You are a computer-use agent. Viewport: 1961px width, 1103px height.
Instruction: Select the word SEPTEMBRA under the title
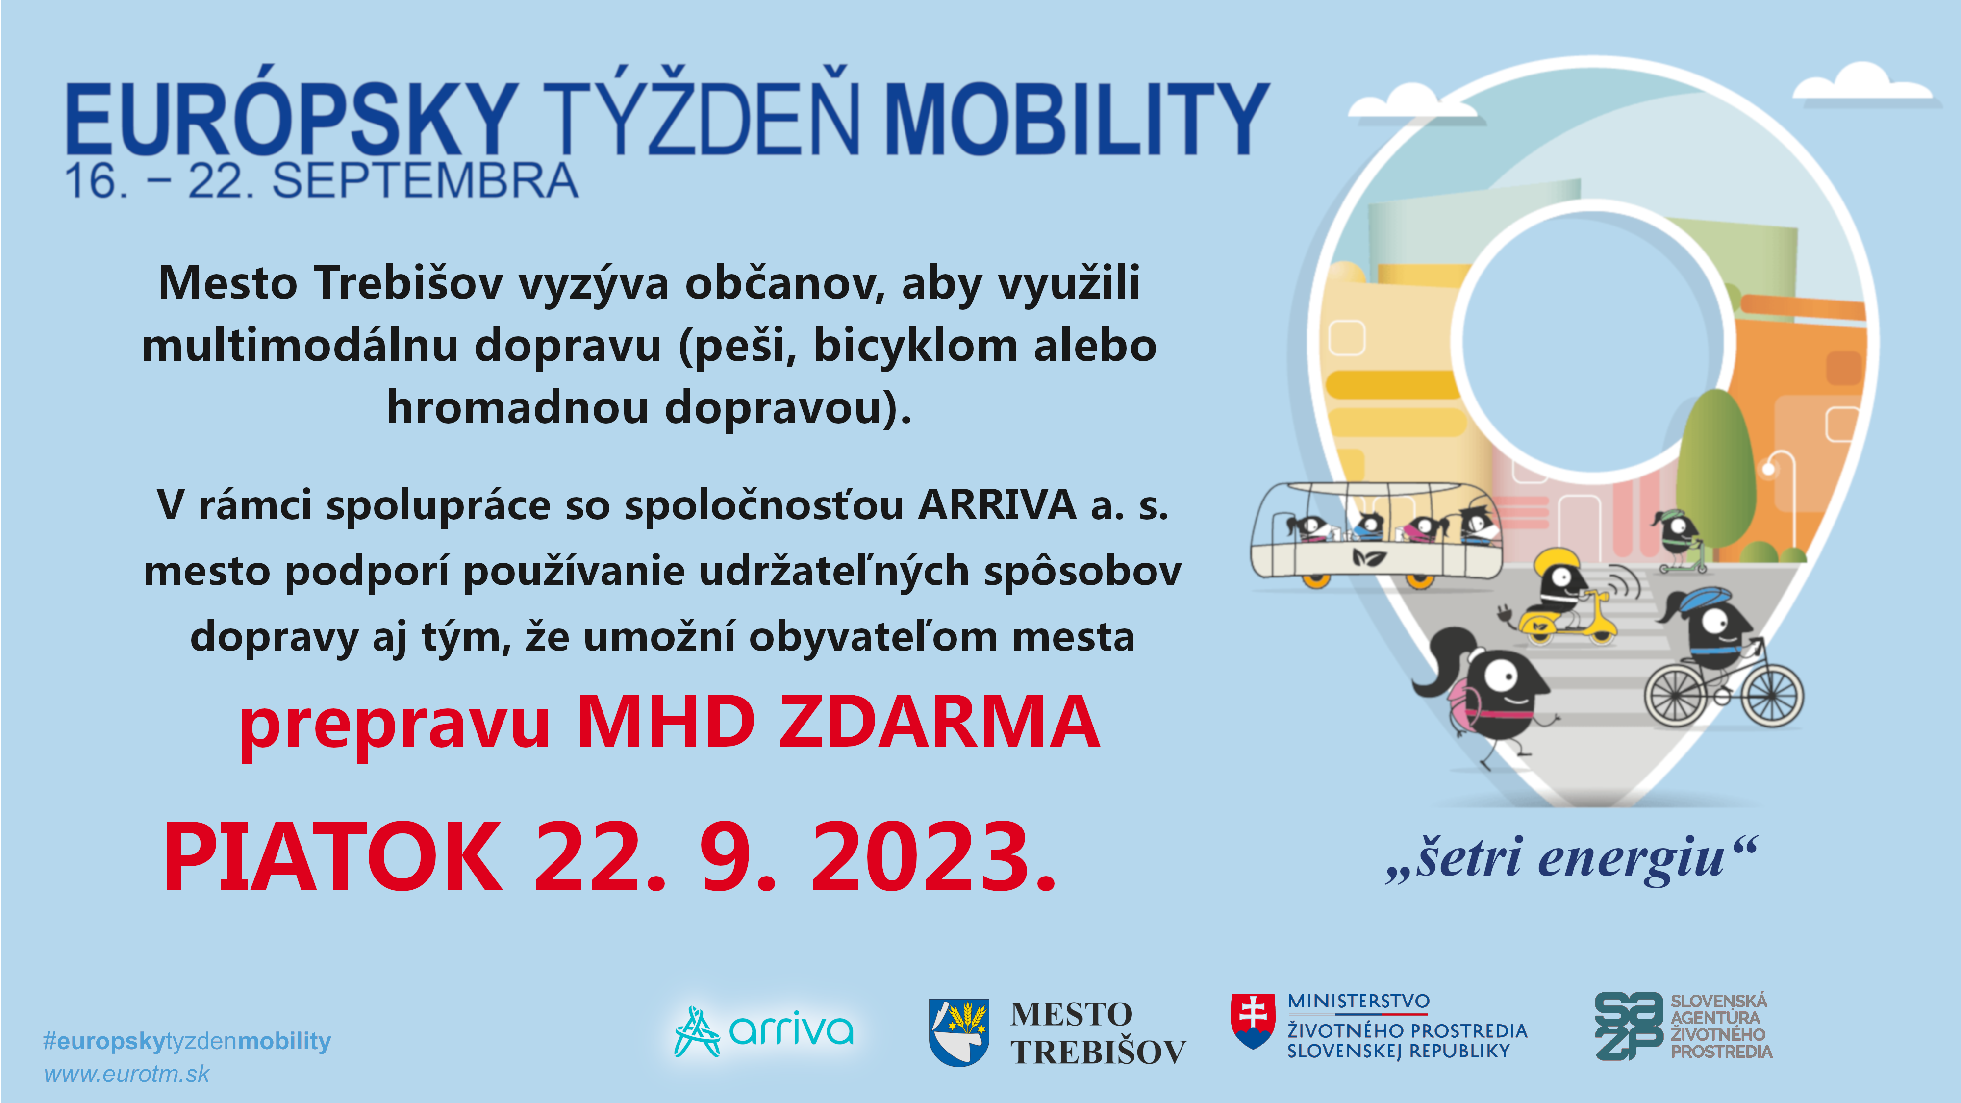point(425,181)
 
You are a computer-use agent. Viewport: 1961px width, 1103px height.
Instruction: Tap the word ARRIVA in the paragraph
point(997,505)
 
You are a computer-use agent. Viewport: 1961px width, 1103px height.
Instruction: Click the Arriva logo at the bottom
point(763,1031)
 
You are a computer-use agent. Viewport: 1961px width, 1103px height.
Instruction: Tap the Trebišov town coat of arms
point(958,1032)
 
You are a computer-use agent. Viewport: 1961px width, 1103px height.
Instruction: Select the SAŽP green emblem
point(1628,1026)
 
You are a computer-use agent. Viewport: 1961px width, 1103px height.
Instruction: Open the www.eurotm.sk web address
point(126,1074)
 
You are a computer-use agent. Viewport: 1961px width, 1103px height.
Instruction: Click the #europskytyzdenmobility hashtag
point(186,1041)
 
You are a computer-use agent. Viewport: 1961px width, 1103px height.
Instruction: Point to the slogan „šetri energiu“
point(1573,858)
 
